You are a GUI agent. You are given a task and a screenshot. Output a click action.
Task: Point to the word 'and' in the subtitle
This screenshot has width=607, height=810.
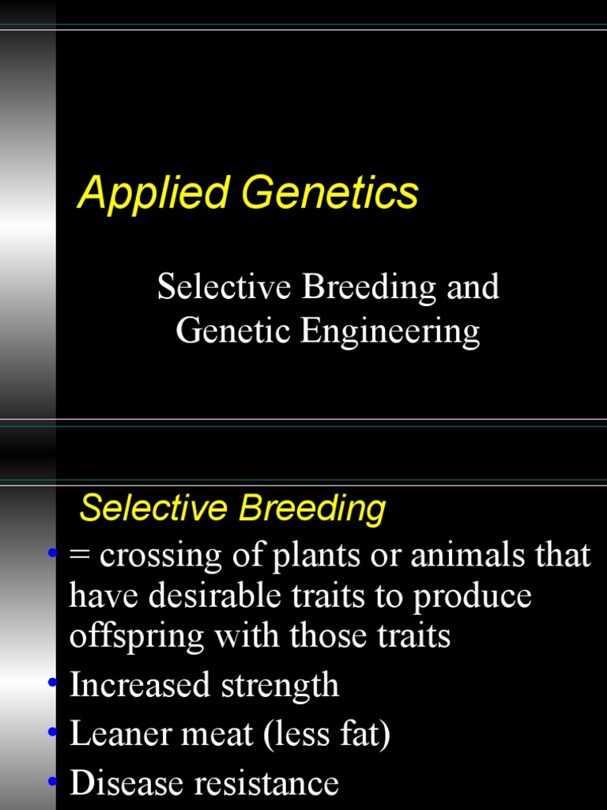pyautogui.click(x=473, y=287)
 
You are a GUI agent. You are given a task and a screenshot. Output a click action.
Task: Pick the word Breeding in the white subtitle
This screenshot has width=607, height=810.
pyautogui.click(x=368, y=287)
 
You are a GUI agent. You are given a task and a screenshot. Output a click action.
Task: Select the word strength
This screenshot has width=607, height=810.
pyautogui.click(x=280, y=685)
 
